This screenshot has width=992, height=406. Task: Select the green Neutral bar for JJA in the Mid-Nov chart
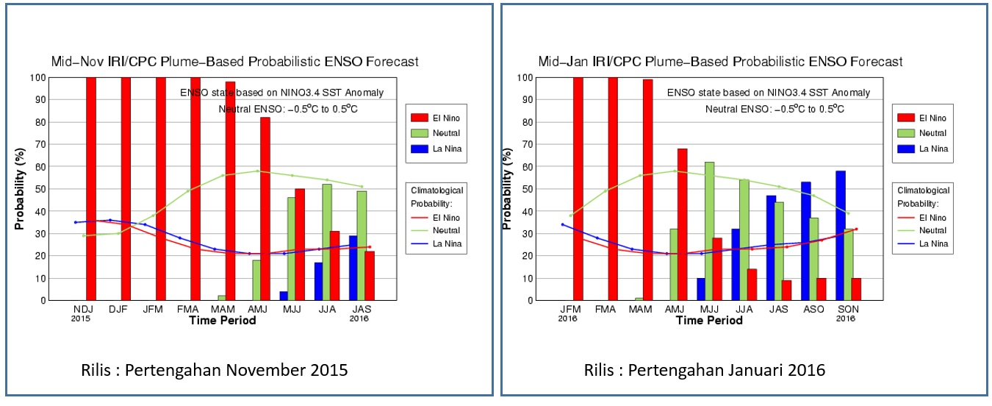pos(327,242)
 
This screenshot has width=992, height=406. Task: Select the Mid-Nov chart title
pos(234,61)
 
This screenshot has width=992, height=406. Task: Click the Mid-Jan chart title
pos(720,61)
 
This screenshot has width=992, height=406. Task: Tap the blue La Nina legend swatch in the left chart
pos(419,149)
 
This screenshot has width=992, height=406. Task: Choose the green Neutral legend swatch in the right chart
pos(905,133)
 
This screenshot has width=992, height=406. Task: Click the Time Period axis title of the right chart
pos(709,321)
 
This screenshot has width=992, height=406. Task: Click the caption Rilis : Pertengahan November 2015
pos(214,370)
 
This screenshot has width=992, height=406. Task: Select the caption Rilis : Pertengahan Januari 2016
pos(705,370)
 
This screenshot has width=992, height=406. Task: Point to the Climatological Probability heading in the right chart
pos(922,196)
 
